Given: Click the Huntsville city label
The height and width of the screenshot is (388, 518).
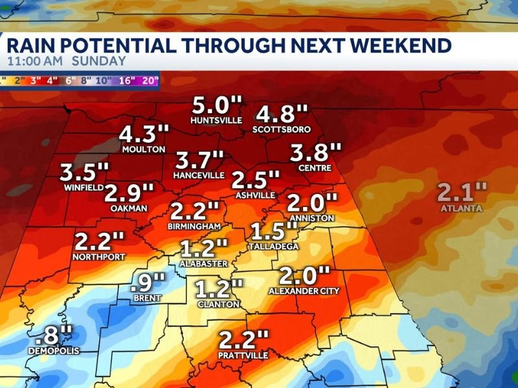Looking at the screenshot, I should (x=216, y=120).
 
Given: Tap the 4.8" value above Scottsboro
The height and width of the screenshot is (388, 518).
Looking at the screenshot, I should (x=282, y=114).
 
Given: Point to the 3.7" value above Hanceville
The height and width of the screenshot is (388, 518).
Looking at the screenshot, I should (x=200, y=160).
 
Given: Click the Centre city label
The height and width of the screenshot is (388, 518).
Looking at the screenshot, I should (x=315, y=168).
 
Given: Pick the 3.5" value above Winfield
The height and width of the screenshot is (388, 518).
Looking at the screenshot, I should (x=84, y=173).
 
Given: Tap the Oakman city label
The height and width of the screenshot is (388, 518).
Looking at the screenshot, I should (x=129, y=208).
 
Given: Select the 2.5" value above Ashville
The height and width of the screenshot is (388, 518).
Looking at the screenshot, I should (x=256, y=179).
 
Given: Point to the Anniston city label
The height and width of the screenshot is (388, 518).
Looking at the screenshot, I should (x=312, y=218).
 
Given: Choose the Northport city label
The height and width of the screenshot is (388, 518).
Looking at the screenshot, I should (x=99, y=256).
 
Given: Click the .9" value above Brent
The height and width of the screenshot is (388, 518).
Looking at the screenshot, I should (x=148, y=283).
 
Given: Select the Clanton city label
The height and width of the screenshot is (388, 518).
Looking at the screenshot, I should (x=218, y=304).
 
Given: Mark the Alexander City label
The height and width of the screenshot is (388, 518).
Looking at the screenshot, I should (x=304, y=291).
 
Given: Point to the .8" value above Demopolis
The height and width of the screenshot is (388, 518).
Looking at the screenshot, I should (x=54, y=336).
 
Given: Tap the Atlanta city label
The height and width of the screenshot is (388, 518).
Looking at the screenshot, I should (x=461, y=208).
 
